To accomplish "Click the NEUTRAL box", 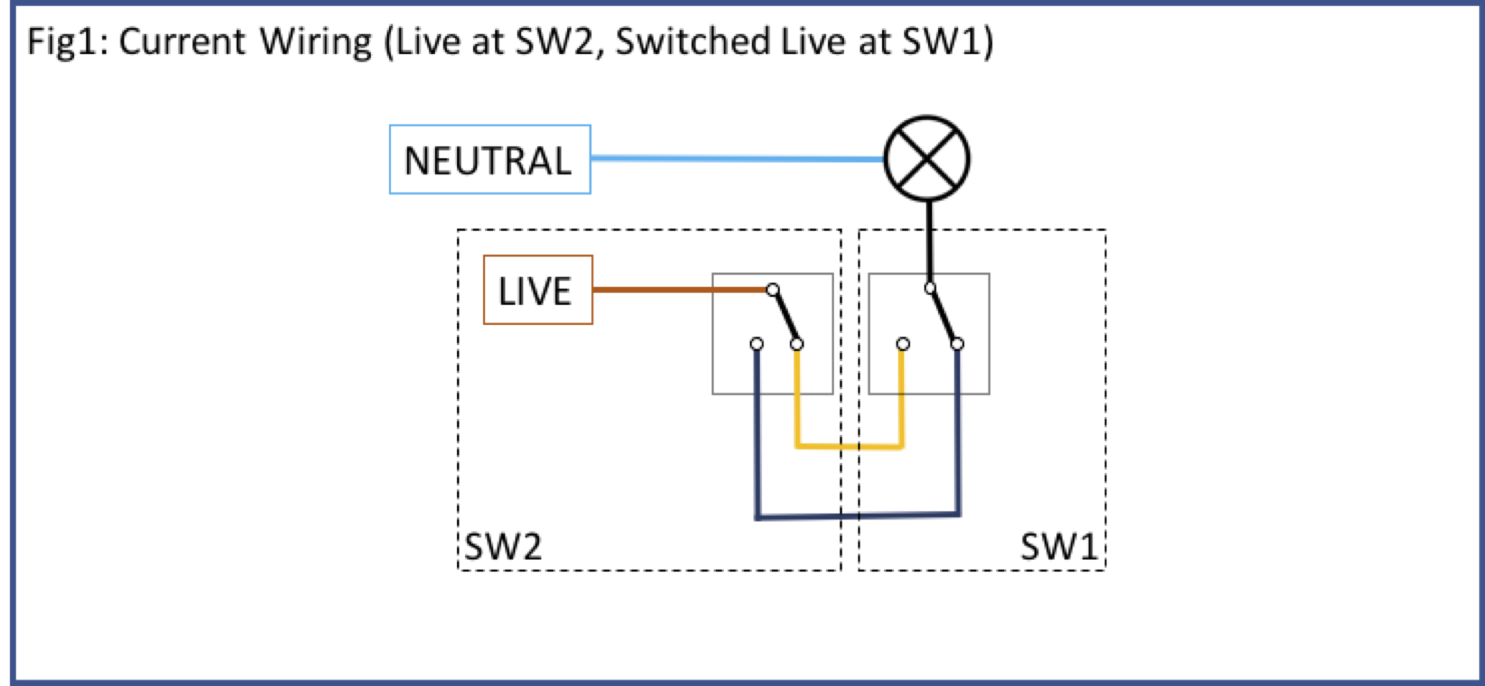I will (489, 160).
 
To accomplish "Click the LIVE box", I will (538, 290).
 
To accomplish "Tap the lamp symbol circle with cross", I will (927, 158).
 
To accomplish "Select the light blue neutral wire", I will (733, 158).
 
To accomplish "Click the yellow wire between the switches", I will (848, 447).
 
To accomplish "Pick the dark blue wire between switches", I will (855, 516).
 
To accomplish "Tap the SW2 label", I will (503, 546).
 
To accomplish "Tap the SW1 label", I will (1059, 546).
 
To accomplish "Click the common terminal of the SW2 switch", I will (773, 290).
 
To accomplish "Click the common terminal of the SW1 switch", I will (930, 288).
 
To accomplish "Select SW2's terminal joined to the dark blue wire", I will (756, 344).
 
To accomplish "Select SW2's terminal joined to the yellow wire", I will (796, 344).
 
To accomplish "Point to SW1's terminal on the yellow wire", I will (903, 344).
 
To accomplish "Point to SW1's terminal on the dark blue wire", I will (957, 344).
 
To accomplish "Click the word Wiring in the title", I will (316, 42).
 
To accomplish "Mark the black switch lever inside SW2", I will (785, 317).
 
